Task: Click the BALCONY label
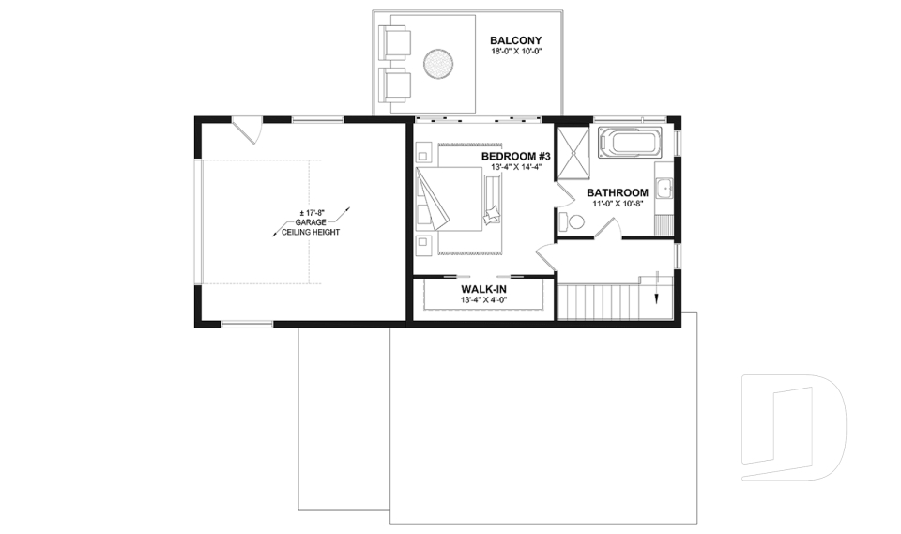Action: coord(516,40)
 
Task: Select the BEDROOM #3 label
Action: coord(515,155)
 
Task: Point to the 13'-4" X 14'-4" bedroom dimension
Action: coord(516,167)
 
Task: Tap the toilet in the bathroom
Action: coord(574,221)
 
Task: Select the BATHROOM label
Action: coord(618,192)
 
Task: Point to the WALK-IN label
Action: coord(483,289)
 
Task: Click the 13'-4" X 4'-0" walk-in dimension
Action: coord(483,300)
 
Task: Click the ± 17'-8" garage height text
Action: coord(305,211)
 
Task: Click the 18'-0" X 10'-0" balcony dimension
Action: coord(516,53)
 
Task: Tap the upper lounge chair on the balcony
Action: coord(393,42)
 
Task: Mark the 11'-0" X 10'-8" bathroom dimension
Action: coord(618,204)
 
